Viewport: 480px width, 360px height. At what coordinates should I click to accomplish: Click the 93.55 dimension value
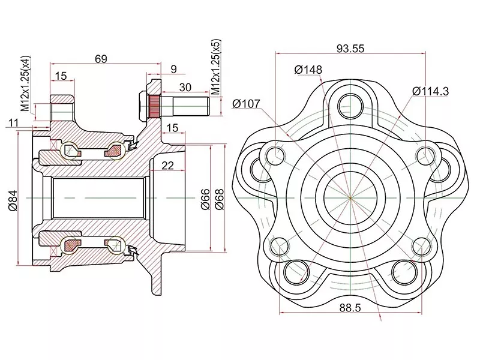coord(351,48)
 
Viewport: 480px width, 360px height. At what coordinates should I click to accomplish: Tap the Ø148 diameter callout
coord(308,70)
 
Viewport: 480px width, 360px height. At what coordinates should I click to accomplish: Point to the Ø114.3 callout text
coord(431,91)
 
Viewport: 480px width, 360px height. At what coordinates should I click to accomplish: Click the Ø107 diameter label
coord(246,104)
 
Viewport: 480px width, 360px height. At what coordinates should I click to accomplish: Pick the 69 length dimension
coord(101,58)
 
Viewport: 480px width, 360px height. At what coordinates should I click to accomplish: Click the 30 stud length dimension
coord(185,88)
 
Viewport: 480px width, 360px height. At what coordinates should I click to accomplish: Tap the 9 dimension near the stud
coord(173,70)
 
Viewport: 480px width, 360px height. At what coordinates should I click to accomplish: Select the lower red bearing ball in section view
coord(71,244)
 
